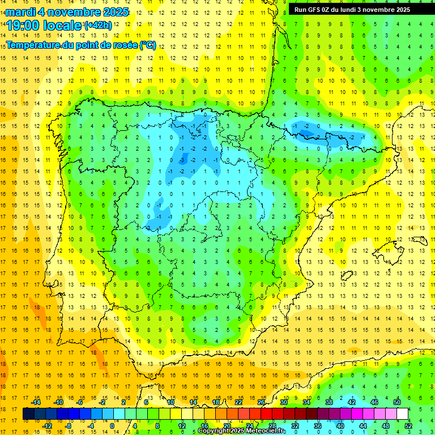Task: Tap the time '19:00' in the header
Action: (23, 25)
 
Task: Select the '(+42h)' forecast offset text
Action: (98, 25)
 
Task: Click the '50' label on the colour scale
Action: (397, 402)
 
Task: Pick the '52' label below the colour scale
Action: (408, 426)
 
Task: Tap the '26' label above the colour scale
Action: (261, 402)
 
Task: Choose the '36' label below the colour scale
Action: (318, 426)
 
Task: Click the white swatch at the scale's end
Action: (403, 414)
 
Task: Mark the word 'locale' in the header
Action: (62, 25)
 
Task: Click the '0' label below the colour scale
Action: (112, 426)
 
